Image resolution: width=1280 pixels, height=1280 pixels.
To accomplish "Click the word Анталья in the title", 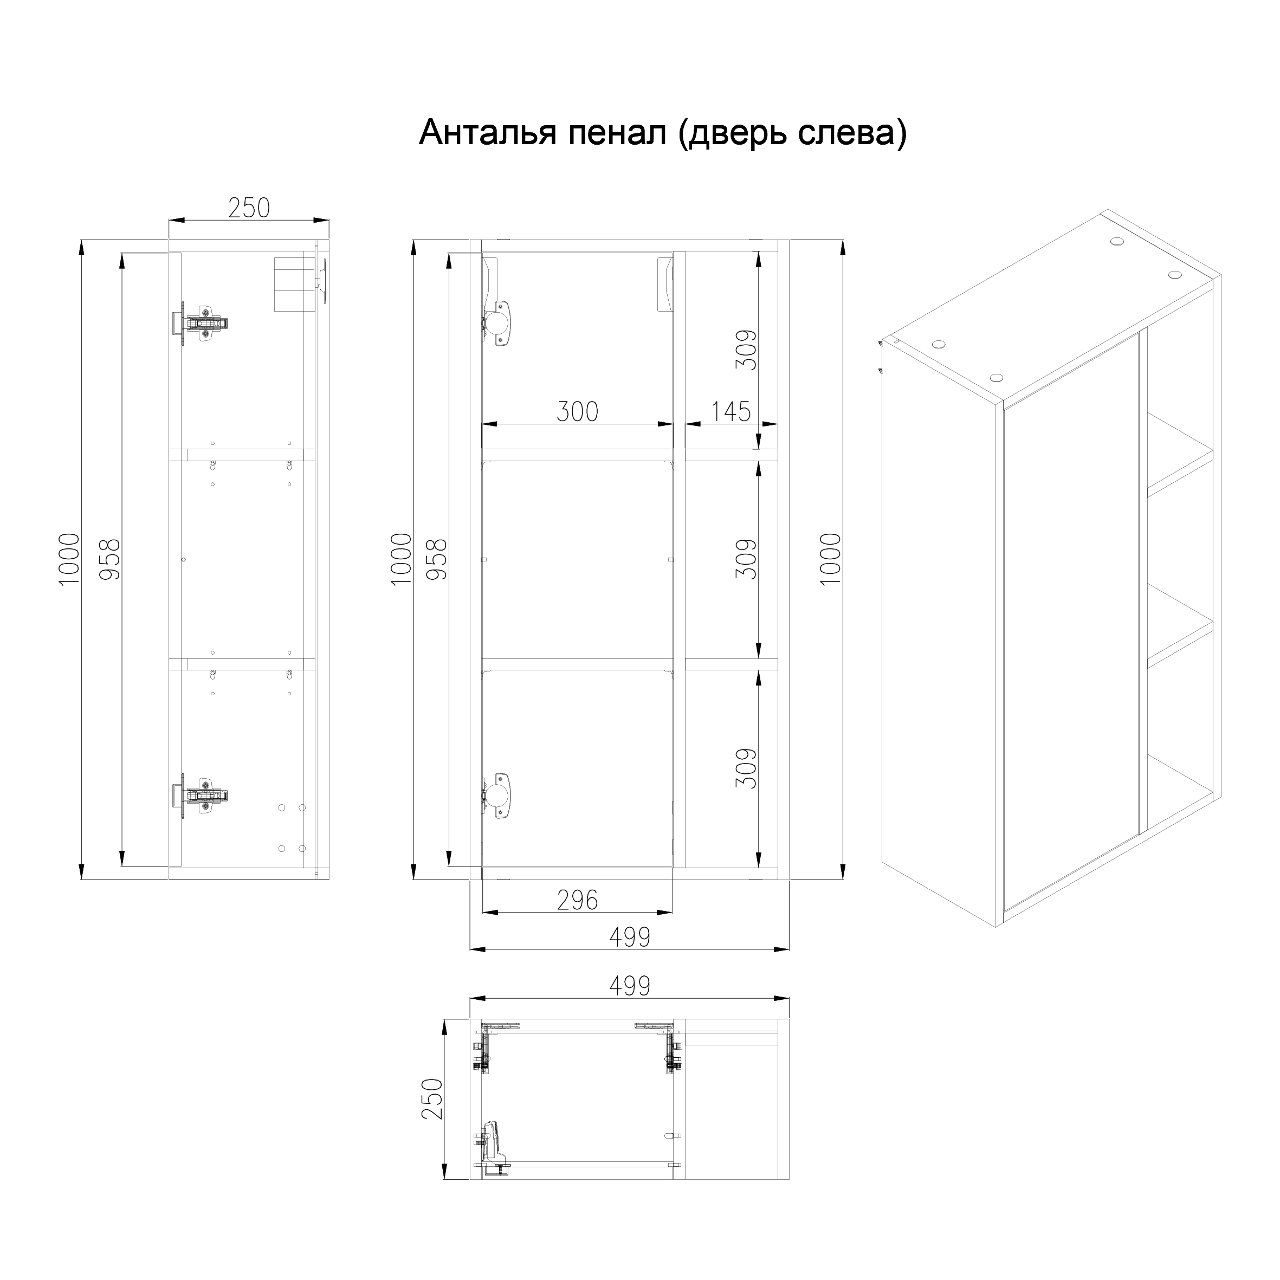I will click(x=488, y=133).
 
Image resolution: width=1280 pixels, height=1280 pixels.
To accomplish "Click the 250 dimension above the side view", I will click(x=249, y=208).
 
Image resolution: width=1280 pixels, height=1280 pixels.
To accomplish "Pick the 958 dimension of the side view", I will click(x=110, y=559).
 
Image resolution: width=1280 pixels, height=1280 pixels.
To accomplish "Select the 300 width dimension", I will click(x=577, y=411).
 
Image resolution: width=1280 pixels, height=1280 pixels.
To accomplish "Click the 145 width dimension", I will click(x=730, y=411).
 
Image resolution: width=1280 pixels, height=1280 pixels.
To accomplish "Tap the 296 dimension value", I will click(x=577, y=900).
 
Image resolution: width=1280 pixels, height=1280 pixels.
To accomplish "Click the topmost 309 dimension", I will click(x=746, y=350).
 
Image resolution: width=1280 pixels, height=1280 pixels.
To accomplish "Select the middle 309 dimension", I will click(x=746, y=559).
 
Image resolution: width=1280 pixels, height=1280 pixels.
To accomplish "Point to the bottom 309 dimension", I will click(x=746, y=768).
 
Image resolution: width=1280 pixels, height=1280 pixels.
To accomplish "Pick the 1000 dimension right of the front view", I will click(x=831, y=559).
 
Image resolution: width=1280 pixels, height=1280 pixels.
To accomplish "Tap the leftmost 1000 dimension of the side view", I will click(x=69, y=559).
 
